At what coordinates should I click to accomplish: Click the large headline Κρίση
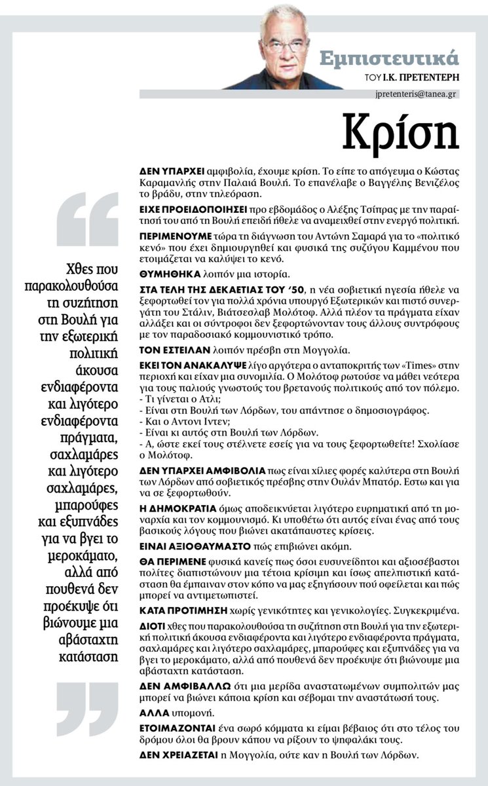402,133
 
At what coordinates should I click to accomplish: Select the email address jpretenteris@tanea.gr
412,94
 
